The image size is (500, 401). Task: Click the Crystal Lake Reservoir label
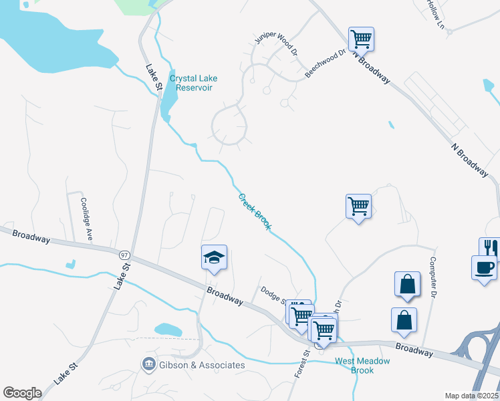point(193,83)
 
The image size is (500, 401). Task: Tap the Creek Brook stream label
point(255,211)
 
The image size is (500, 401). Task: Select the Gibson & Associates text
point(202,365)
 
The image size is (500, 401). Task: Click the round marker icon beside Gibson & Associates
point(148,364)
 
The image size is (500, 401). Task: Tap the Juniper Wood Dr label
point(275,45)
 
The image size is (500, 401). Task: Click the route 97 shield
point(124,255)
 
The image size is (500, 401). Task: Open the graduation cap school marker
point(215,257)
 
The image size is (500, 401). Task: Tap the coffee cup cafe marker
point(484,267)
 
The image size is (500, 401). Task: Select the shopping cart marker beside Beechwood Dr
point(361,39)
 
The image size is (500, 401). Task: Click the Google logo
point(23,393)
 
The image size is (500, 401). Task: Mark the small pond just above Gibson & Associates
point(168,329)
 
